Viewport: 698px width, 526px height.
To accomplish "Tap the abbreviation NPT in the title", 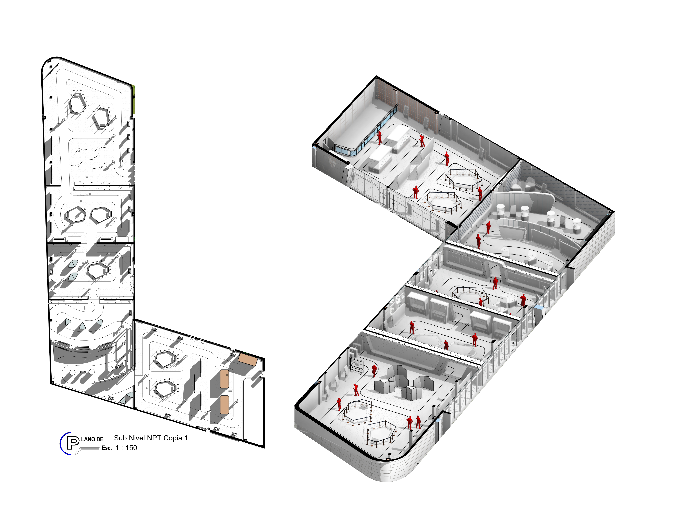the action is (x=154, y=438).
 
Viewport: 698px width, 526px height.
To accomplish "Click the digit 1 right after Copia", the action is (x=186, y=438).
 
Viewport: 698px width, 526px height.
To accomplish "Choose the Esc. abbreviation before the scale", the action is (x=107, y=448).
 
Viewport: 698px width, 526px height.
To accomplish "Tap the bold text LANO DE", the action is (x=92, y=439).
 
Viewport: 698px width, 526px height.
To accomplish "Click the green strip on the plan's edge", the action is (x=134, y=99).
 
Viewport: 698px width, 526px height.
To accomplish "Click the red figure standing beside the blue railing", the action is (x=380, y=138).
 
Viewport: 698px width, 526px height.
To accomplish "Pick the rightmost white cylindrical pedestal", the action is (x=577, y=225).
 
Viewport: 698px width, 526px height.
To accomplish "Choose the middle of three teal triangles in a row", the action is (x=82, y=326).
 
